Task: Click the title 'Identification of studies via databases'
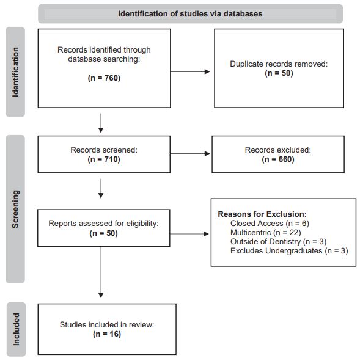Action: tap(190, 14)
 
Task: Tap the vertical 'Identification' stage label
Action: tap(15, 72)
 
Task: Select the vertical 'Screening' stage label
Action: tap(15, 209)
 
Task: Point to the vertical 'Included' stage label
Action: tap(16, 329)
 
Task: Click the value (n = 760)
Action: tap(104, 78)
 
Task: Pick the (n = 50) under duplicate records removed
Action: tap(279, 73)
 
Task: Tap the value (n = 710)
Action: tap(104, 159)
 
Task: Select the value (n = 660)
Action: tap(278, 159)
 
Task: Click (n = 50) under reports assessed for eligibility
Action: tap(104, 233)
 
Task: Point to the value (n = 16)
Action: tap(107, 334)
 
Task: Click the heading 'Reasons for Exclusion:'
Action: tap(262, 214)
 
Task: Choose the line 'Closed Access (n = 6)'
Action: tap(270, 224)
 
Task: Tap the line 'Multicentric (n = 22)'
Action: tap(266, 233)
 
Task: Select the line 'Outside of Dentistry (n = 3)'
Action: tap(279, 242)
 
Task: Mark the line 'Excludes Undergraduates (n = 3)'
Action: tap(289, 250)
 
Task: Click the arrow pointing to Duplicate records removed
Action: tap(190, 72)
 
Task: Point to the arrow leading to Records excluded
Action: tap(190, 153)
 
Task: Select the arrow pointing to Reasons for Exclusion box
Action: tap(189, 234)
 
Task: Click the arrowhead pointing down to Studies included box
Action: tap(101, 295)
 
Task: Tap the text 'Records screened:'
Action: tap(104, 150)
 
